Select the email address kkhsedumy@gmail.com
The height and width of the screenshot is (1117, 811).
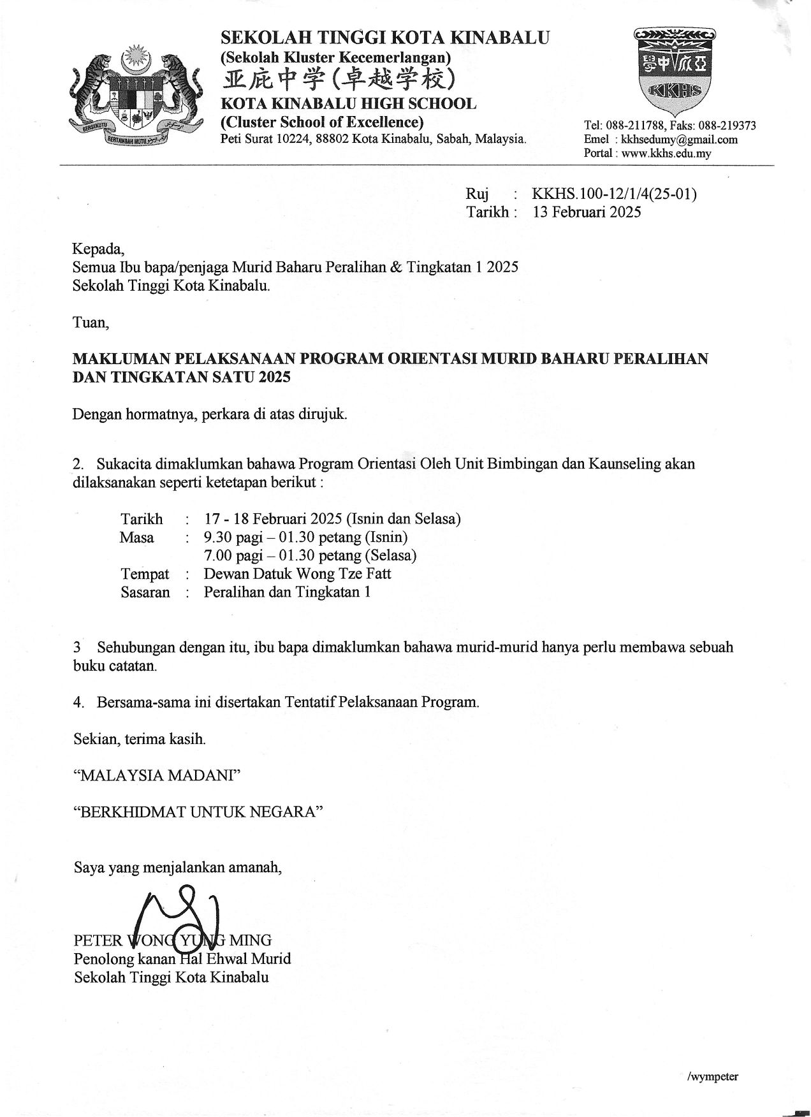679,140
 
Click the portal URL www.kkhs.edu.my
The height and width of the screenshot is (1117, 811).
666,154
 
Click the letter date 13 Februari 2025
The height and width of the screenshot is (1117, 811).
587,212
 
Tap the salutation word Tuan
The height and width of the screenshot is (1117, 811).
91,323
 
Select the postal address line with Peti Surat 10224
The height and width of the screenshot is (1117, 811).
373,139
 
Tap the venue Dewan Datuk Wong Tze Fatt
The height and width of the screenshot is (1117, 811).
297,574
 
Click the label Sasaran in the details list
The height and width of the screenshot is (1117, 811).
145,592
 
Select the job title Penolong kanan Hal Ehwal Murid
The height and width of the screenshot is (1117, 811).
182,959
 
